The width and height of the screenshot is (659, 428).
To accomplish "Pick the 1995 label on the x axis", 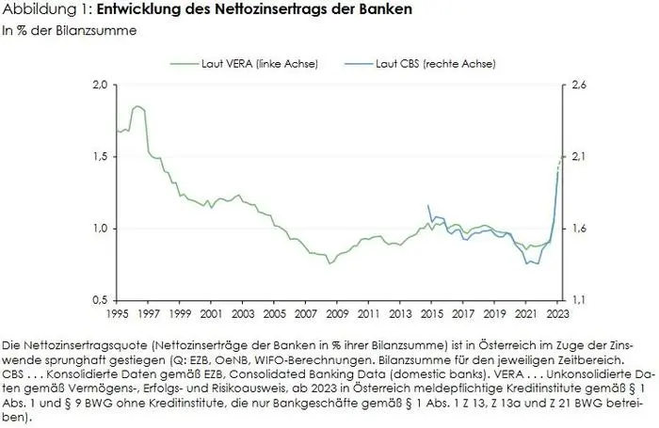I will [118, 313].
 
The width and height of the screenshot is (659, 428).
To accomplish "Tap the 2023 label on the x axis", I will [555, 313].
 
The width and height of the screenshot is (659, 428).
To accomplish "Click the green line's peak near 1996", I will [137, 106].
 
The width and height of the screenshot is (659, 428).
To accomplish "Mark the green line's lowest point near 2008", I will [329, 263].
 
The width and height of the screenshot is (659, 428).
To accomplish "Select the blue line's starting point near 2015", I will [428, 205].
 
